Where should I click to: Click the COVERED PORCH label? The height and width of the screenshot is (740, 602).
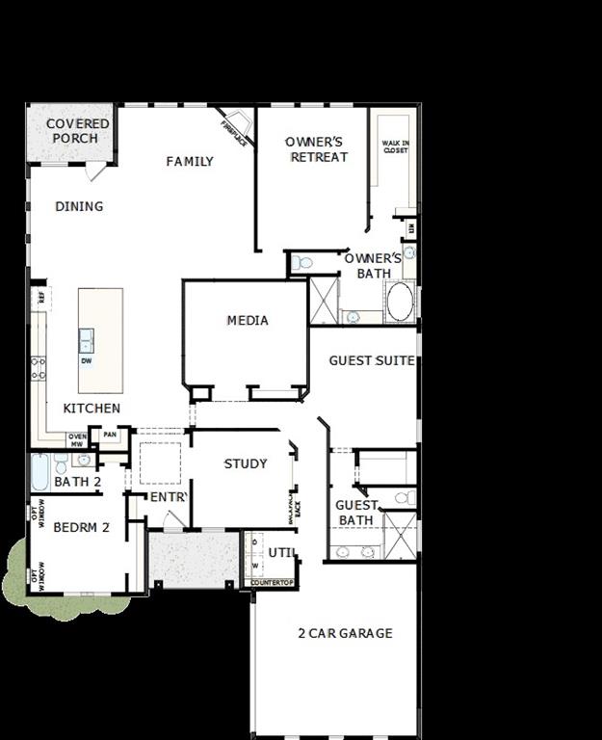click(78, 131)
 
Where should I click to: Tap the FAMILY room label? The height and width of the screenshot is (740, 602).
click(190, 162)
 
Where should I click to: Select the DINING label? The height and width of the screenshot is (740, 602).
click(79, 206)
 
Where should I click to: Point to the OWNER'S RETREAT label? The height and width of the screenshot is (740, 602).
click(314, 149)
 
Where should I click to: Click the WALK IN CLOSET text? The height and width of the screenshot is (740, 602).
click(395, 147)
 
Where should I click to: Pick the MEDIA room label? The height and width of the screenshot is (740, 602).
click(248, 321)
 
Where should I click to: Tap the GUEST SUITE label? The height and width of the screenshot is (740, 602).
click(372, 361)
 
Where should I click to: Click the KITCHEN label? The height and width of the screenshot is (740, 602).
click(92, 409)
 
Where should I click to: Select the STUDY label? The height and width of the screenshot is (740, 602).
click(246, 463)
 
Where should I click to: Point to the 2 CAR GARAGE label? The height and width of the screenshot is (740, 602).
click(345, 633)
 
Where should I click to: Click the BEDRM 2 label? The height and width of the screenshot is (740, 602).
click(81, 527)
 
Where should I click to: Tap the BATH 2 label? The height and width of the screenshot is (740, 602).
click(78, 482)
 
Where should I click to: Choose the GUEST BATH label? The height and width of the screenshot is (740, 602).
click(355, 513)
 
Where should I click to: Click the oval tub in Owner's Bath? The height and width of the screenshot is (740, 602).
click(400, 303)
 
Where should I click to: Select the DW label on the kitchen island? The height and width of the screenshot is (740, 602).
click(87, 361)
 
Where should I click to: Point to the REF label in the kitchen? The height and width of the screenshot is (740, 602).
click(40, 297)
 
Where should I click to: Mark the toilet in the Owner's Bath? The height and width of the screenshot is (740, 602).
click(302, 262)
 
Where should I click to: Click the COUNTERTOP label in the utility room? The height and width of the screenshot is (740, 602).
click(271, 583)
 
